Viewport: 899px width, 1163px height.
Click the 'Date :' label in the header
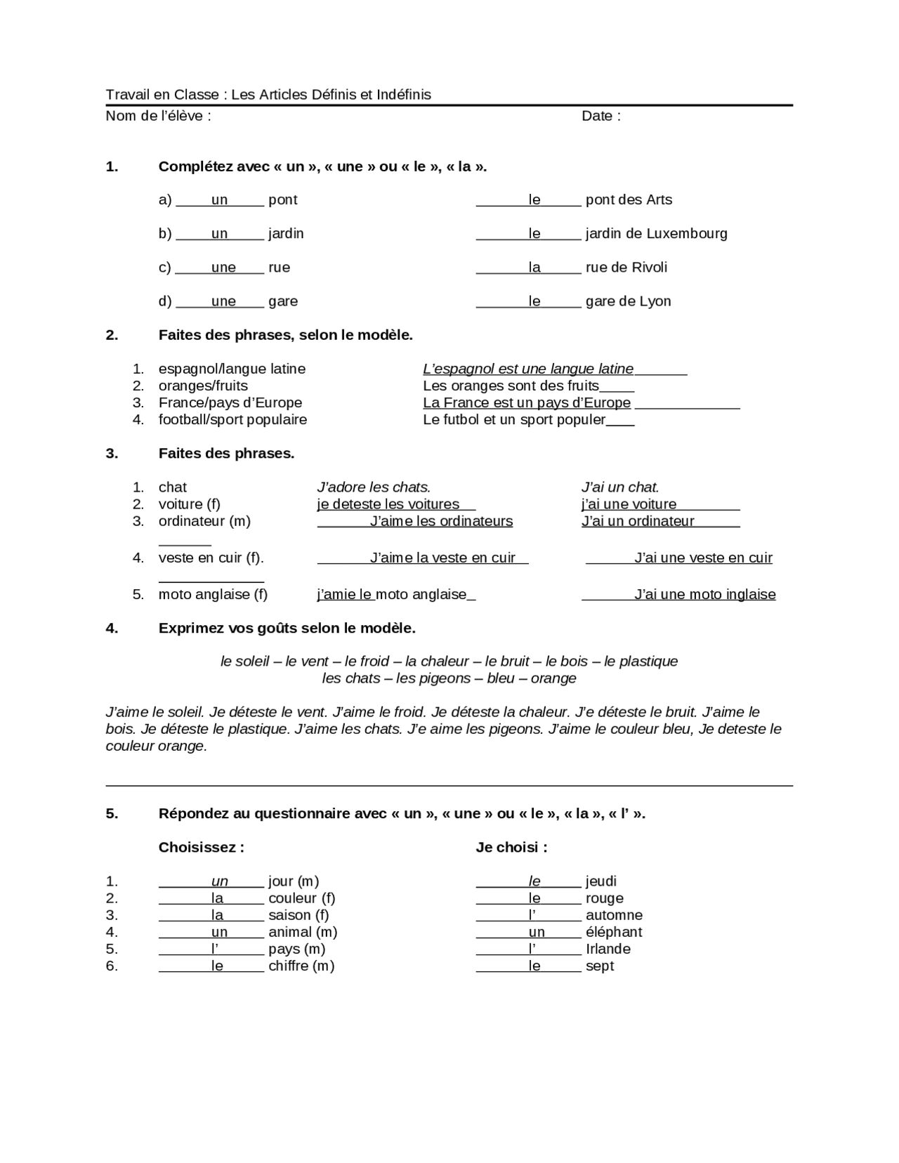[601, 116]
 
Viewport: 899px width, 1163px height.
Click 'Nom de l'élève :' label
[158, 116]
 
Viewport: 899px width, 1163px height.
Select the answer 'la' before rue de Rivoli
[534, 268]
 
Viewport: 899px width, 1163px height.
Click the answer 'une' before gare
[223, 301]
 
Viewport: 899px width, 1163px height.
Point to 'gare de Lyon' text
[628, 301]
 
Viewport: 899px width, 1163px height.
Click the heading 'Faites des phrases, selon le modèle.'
[285, 335]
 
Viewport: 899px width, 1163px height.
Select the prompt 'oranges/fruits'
[203, 386]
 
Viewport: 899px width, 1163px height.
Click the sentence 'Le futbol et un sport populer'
[514, 420]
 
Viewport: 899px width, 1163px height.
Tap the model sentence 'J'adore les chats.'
[374, 487]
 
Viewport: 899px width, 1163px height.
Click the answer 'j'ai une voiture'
[629, 504]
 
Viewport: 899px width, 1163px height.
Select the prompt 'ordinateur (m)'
[204, 521]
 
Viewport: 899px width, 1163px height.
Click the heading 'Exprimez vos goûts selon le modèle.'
[287, 629]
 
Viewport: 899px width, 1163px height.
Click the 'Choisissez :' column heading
[201, 848]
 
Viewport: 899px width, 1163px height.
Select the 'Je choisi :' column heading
[511, 848]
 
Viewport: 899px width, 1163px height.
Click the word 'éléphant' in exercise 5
[613, 932]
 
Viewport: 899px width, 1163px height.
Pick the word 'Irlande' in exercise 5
[608, 949]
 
